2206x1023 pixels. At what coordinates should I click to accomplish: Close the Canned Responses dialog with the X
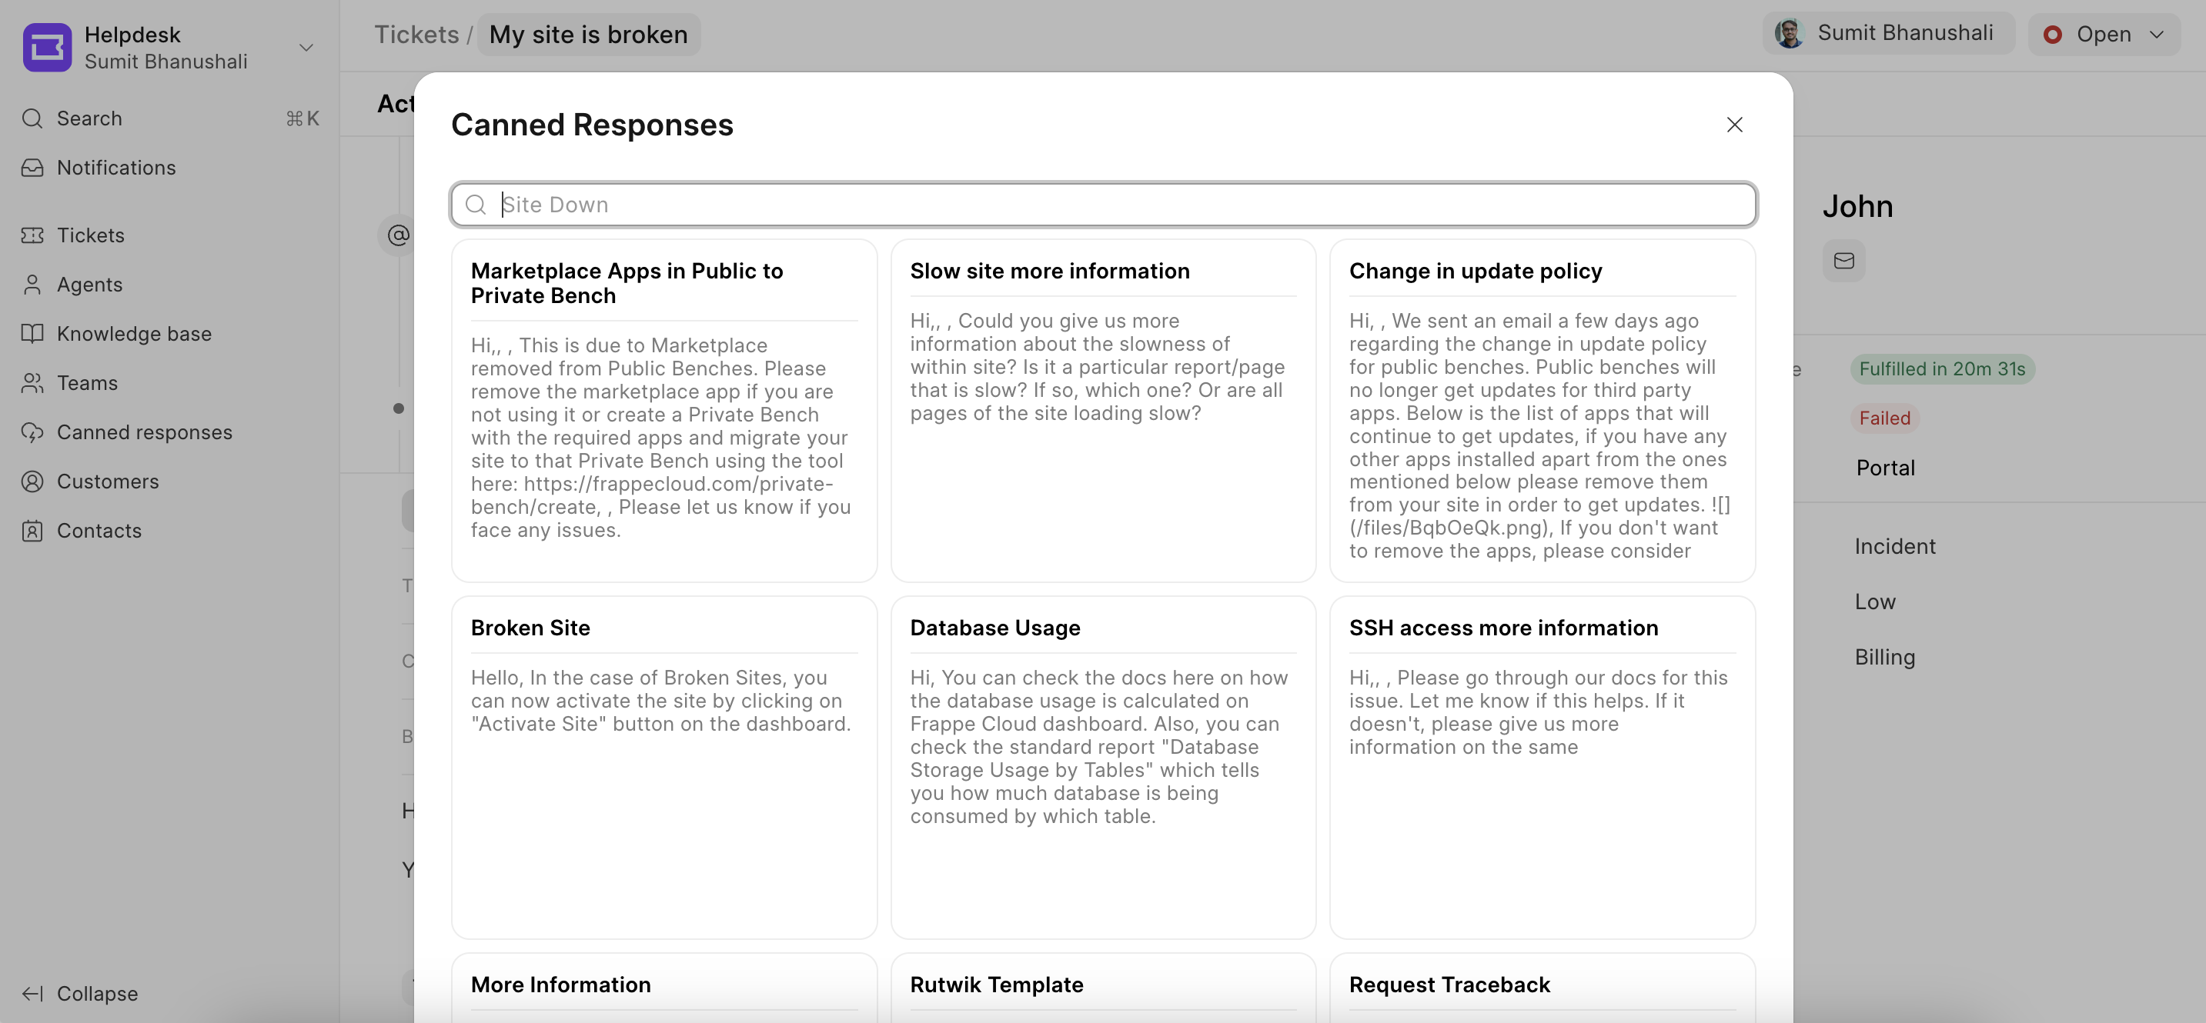1734,125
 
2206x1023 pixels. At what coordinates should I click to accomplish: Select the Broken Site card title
530,628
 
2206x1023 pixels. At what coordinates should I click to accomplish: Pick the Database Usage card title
994,628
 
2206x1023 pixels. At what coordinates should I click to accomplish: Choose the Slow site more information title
1049,271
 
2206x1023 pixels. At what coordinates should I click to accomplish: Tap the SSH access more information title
1503,628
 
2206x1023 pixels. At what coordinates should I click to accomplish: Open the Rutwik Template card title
996,985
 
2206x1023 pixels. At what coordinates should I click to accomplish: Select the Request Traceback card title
1449,985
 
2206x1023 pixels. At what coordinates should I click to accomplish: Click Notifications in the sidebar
115,168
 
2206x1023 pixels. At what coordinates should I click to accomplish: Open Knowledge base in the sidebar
134,334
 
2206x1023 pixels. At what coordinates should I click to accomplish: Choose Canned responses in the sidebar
144,432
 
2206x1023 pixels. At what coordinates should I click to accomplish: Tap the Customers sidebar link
107,482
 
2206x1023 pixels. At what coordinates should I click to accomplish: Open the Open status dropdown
2103,35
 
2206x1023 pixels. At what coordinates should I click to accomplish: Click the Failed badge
1884,418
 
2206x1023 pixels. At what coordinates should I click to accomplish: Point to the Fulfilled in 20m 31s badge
1941,369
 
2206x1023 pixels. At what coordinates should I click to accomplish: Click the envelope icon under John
1843,260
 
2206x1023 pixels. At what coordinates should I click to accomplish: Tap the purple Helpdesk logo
47,47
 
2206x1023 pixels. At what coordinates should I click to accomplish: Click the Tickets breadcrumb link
416,35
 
